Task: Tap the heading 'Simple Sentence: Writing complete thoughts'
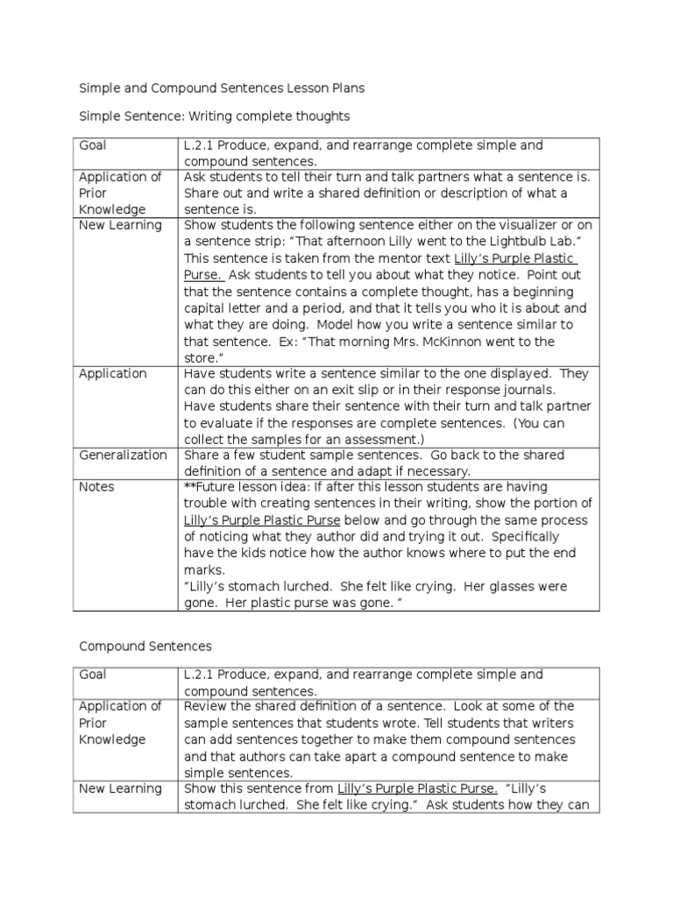[215, 116]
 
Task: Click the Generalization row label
[123, 456]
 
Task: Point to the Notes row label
[96, 487]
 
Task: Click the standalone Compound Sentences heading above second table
[145, 646]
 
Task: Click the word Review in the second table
[204, 707]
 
